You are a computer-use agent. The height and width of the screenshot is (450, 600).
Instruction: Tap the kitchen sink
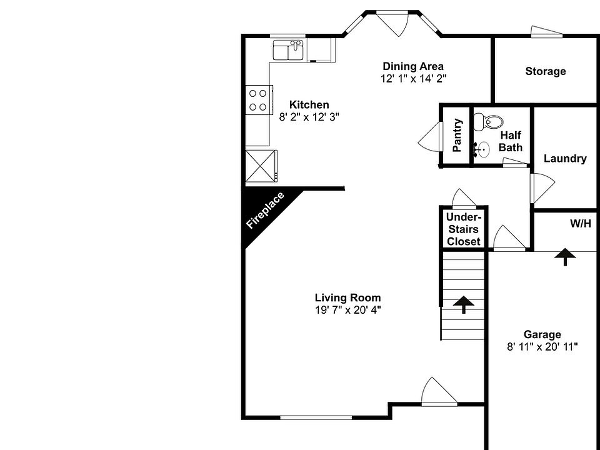point(288,50)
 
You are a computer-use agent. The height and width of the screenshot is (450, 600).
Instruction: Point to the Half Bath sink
point(481,149)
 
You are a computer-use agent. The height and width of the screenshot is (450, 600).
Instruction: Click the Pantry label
point(457,135)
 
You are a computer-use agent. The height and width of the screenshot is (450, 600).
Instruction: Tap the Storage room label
point(545,71)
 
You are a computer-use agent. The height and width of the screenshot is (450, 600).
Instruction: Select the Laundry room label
point(564,159)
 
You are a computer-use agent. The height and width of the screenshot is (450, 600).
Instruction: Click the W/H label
point(580,223)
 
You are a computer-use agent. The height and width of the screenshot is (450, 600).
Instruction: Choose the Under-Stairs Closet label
point(464,229)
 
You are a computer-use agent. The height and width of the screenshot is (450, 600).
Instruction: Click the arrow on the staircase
point(464,304)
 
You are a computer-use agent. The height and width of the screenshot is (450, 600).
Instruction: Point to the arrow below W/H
point(566,256)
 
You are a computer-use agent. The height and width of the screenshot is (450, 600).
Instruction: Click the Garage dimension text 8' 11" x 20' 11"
point(542,346)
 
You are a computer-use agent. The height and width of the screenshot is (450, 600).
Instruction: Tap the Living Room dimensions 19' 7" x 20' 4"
point(347,309)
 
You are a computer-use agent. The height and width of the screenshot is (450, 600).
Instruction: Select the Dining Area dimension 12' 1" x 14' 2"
point(413,78)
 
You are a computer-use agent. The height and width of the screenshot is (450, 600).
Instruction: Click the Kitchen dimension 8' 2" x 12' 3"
point(309,116)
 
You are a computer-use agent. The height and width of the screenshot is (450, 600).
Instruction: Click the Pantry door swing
point(429,136)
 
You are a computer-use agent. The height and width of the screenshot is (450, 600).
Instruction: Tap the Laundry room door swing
point(541,186)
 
